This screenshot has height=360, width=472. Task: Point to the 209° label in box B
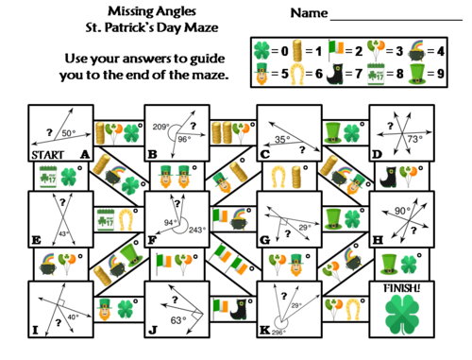tap(160, 125)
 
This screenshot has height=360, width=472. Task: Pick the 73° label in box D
tap(413, 139)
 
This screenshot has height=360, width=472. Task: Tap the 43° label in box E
tap(63, 232)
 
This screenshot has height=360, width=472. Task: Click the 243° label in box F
tap(196, 230)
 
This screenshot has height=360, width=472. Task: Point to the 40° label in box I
tap(74, 318)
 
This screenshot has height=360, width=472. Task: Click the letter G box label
tap(264, 240)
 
